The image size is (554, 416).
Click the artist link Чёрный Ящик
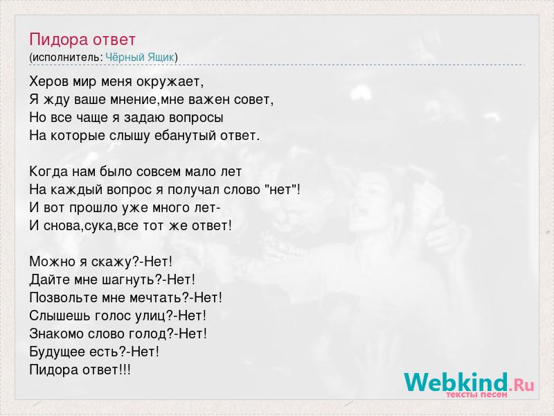pos(140,58)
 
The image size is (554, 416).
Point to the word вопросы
pos(196,118)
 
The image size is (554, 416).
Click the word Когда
pos(48,171)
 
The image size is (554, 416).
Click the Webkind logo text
pos(456,382)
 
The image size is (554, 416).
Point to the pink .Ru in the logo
pos(521,385)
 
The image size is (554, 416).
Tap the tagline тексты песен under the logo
pos(476,395)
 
